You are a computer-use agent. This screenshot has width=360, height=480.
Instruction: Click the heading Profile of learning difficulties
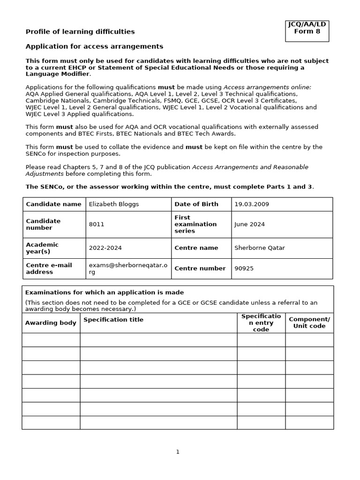click(80, 31)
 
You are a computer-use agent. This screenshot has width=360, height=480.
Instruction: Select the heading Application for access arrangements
click(94, 46)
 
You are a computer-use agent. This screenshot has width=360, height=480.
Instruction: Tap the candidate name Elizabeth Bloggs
click(114, 204)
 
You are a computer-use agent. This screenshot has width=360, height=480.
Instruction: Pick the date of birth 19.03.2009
click(252, 204)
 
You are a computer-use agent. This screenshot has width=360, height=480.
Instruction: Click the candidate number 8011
click(97, 225)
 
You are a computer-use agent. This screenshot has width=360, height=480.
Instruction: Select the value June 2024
click(249, 225)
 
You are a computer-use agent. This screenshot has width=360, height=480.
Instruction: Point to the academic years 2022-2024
click(105, 248)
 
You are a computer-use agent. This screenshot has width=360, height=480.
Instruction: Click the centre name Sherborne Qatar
click(259, 248)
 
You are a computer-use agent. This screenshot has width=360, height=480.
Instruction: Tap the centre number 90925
click(244, 269)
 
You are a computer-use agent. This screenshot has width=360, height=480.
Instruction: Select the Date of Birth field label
click(196, 204)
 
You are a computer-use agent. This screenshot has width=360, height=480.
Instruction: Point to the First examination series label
click(195, 225)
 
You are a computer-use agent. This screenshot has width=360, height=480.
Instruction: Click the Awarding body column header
click(51, 323)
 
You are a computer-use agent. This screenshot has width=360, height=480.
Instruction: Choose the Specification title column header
click(113, 320)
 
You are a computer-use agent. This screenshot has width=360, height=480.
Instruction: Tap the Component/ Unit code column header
click(309, 323)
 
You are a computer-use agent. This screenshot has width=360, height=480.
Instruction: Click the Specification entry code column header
click(261, 323)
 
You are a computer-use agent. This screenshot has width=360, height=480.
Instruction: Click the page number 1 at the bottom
click(178, 452)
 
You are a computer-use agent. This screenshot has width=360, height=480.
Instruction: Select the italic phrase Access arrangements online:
click(267, 87)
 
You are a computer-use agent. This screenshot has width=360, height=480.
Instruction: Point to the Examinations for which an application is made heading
click(105, 292)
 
